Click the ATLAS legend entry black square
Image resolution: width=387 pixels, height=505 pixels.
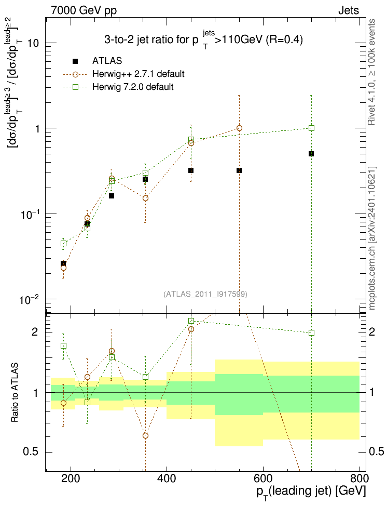click(x=75, y=61)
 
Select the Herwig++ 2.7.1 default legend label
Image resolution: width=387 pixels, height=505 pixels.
click(x=139, y=74)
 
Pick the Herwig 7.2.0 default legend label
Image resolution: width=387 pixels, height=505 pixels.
click(x=133, y=87)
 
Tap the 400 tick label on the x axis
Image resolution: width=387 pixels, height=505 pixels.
click(x=167, y=479)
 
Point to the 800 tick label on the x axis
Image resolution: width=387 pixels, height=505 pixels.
click(x=359, y=479)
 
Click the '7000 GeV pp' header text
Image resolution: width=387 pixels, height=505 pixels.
click(x=84, y=10)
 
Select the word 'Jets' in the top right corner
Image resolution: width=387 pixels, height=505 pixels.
click(x=349, y=10)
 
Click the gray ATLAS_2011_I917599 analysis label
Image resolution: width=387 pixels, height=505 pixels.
click(x=205, y=294)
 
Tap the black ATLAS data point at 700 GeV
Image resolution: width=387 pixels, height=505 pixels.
click(x=311, y=154)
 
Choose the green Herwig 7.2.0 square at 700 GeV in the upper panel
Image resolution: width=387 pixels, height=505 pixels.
click(x=311, y=128)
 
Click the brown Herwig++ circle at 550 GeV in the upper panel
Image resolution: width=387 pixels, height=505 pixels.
click(x=239, y=128)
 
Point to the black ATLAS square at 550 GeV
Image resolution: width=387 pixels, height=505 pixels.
click(x=239, y=170)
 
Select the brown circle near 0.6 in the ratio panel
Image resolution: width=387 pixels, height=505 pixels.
click(x=145, y=435)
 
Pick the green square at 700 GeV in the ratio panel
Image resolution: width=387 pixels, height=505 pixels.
click(x=311, y=333)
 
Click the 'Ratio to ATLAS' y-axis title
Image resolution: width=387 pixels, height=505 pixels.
click(x=15, y=393)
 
